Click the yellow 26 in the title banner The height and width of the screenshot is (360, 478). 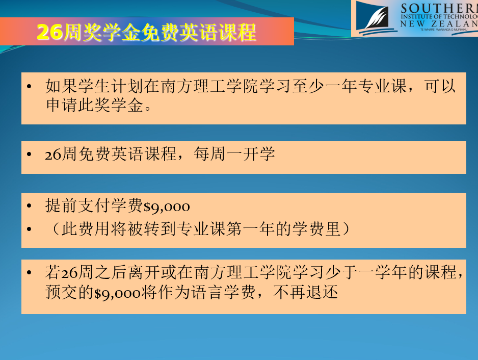click(x=50, y=32)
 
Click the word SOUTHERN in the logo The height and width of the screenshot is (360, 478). click(x=439, y=8)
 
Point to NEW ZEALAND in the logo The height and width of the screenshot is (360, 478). click(x=439, y=23)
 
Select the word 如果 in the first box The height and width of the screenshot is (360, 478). click(x=61, y=86)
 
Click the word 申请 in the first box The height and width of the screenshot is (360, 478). click(x=62, y=105)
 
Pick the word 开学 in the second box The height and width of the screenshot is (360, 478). click(x=259, y=154)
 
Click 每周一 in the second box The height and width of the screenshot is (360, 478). click(x=218, y=154)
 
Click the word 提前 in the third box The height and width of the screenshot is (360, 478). click(x=61, y=205)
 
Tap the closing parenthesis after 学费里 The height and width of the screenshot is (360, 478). click(x=346, y=229)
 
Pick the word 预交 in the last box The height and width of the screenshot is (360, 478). click(x=61, y=292)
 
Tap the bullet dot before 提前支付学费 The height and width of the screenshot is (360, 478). click(x=29, y=205)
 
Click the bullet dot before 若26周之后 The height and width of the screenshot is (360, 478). click(x=29, y=272)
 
